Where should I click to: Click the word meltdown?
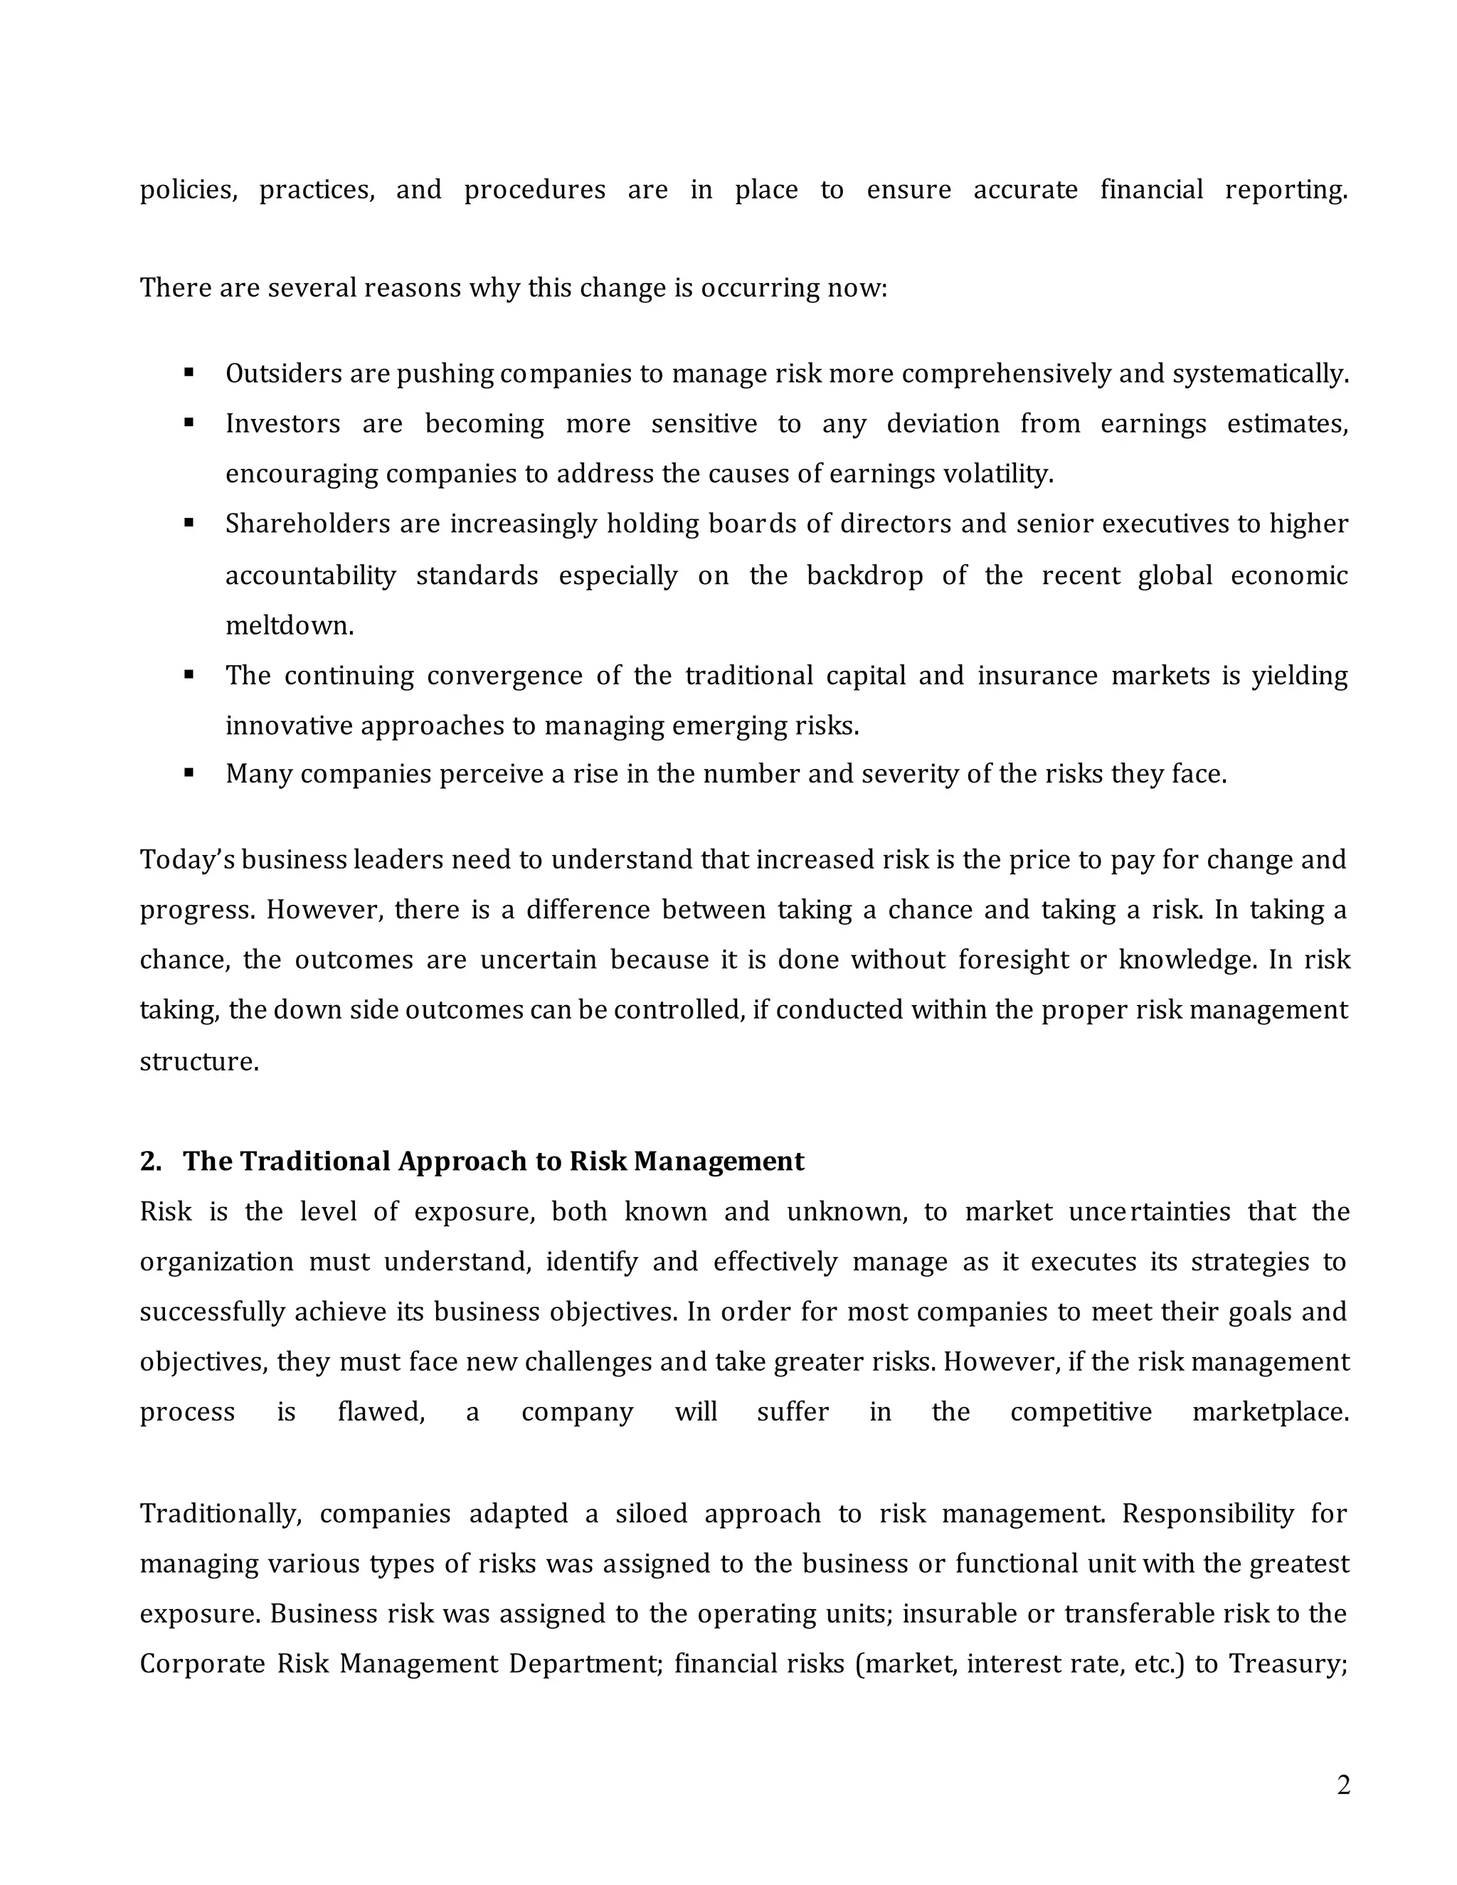289,625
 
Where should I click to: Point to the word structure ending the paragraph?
198,1061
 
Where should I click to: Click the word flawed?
381,1412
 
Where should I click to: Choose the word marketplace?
1270,1412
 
